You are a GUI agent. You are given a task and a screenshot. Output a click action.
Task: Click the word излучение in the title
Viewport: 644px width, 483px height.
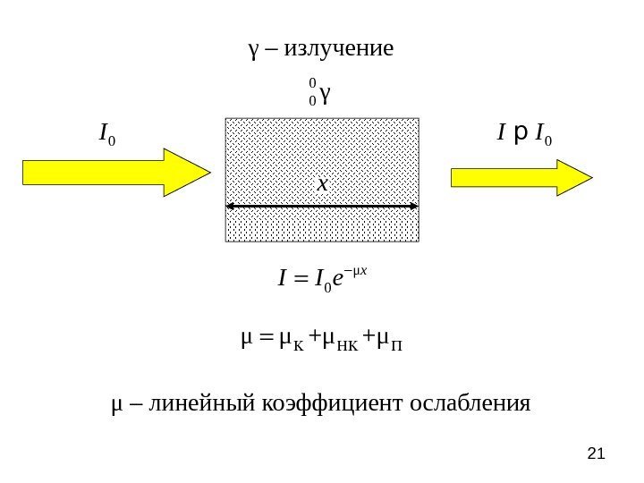click(337, 47)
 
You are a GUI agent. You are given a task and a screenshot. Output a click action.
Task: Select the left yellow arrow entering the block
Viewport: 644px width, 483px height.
click(115, 172)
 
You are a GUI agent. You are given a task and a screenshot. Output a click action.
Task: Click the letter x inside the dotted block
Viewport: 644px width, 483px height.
click(322, 183)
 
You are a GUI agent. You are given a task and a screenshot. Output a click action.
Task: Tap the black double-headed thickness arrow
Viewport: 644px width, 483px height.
click(322, 207)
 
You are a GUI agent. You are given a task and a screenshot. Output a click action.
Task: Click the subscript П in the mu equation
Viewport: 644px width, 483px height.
click(399, 343)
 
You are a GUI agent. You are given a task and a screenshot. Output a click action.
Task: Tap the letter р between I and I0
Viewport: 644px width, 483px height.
click(520, 136)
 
